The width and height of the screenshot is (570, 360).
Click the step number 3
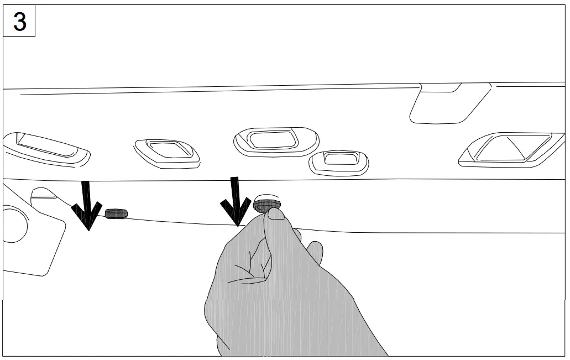pyautogui.click(x=19, y=22)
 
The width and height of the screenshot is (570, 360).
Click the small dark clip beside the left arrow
pyautogui.click(x=116, y=214)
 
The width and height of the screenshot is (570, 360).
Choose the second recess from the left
pyautogui.click(x=167, y=152)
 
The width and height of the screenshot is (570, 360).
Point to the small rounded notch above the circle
pyautogui.click(x=43, y=194)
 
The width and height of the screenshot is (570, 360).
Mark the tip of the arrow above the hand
pyautogui.click(x=237, y=226)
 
